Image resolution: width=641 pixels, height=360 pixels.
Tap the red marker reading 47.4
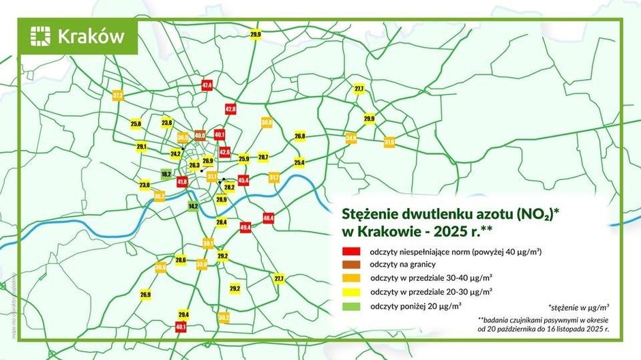[x=207, y=85]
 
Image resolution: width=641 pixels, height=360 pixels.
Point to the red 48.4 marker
[x=268, y=218]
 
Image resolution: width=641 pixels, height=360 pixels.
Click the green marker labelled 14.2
[x=193, y=206]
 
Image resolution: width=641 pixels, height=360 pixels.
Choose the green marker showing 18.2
[x=166, y=175]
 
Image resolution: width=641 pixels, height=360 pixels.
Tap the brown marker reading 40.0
[x=200, y=136]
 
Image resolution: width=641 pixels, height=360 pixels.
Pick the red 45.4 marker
[x=243, y=180]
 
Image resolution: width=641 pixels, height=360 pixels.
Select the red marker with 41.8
[x=182, y=182]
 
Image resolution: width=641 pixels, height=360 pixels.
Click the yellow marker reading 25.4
[x=299, y=162]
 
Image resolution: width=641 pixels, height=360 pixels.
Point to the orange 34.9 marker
[x=351, y=138]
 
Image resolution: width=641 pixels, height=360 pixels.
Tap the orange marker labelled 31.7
[x=273, y=177]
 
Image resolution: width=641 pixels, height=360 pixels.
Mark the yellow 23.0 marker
[x=145, y=185]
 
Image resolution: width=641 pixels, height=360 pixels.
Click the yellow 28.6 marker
[x=181, y=260]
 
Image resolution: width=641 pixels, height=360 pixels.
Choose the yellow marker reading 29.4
[x=183, y=314]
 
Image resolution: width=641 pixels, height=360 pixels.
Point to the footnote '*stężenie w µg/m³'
[x=578, y=306]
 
